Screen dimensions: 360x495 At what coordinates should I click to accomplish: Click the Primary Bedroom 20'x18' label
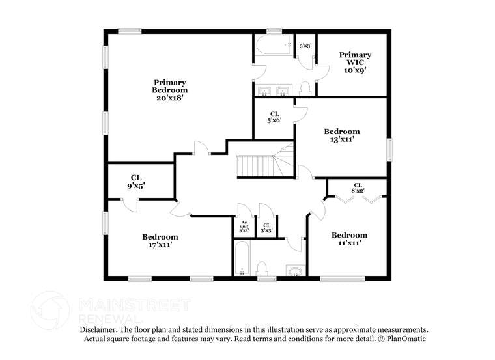[170, 90]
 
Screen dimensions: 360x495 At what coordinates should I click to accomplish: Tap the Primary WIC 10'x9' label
[355, 63]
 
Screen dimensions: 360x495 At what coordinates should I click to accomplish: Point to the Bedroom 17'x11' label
[160, 241]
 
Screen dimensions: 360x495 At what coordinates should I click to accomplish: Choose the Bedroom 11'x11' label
[349, 239]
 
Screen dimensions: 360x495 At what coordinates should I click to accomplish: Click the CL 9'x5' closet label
[136, 181]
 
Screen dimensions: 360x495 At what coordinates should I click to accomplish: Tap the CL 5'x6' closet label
[274, 117]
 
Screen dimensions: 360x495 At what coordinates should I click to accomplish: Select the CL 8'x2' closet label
[358, 188]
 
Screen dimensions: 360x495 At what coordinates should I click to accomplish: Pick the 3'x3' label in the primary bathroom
[305, 46]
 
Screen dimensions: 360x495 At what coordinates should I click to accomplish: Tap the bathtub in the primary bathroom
[274, 46]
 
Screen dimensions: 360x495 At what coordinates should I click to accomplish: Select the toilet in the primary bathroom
[305, 87]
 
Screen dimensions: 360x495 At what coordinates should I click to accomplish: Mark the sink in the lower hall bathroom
[295, 270]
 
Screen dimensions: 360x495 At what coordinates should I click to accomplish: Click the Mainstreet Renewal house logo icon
[50, 310]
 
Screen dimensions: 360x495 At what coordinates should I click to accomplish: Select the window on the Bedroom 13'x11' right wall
[389, 148]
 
